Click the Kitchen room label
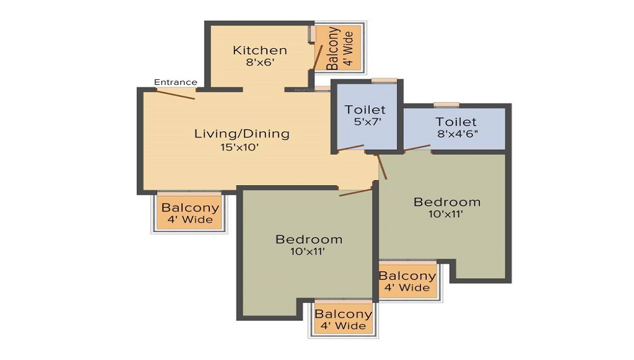point(259,50)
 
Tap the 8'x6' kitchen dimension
point(259,62)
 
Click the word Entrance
point(176,82)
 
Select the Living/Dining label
point(242,134)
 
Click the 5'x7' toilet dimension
point(365,122)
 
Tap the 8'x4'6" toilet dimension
point(456,134)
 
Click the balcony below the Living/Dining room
point(190,214)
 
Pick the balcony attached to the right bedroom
point(407,281)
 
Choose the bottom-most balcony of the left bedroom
point(343,319)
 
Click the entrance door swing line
point(176,94)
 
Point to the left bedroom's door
point(355,191)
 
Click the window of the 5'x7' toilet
point(384,80)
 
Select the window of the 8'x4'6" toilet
point(446,104)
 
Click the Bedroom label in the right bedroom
point(447,202)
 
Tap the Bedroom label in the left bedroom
point(309,240)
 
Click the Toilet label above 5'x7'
point(365,110)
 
